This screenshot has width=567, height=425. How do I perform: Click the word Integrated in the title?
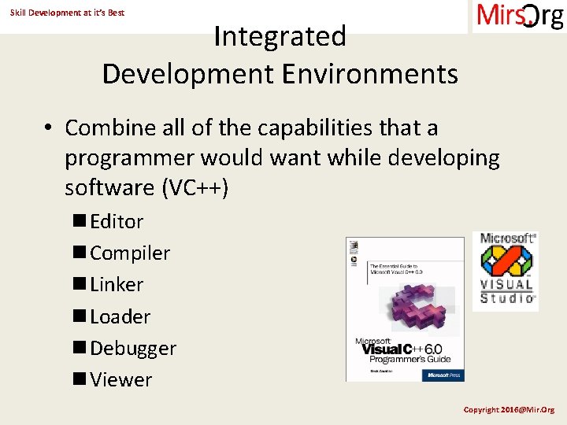pyautogui.click(x=280, y=36)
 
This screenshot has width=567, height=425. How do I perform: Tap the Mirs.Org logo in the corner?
pyautogui.click(x=519, y=16)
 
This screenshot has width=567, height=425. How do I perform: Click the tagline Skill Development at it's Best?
pyautogui.click(x=67, y=13)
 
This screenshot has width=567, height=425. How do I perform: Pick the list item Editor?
pyautogui.click(x=117, y=222)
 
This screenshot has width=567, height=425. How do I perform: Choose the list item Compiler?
pyautogui.click(x=130, y=253)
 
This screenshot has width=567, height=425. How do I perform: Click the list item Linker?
pyautogui.click(x=117, y=285)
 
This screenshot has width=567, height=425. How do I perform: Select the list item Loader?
pyautogui.click(x=120, y=316)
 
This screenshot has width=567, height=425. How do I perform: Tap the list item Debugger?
pyautogui.click(x=133, y=348)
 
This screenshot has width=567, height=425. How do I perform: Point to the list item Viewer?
pyautogui.click(x=120, y=379)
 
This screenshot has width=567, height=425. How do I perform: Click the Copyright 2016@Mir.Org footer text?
pyautogui.click(x=509, y=409)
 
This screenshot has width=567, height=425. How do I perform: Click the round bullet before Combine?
pyautogui.click(x=48, y=128)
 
